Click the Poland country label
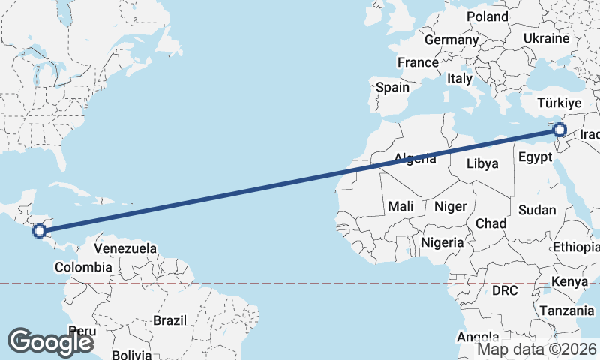click(x=487, y=16)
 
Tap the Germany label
click(x=451, y=40)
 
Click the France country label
click(x=418, y=62)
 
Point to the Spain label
click(x=393, y=87)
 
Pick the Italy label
click(x=460, y=78)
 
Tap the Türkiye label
click(x=560, y=103)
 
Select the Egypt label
click(x=535, y=158)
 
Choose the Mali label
click(x=400, y=205)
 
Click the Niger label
click(x=451, y=205)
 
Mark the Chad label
click(x=490, y=223)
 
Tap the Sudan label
click(x=537, y=210)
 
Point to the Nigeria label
click(x=442, y=242)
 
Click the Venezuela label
click(x=125, y=248)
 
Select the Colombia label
click(x=83, y=267)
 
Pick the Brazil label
click(x=169, y=320)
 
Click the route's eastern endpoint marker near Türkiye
click(x=559, y=130)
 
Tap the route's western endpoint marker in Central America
click(x=40, y=231)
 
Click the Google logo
click(x=50, y=341)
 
